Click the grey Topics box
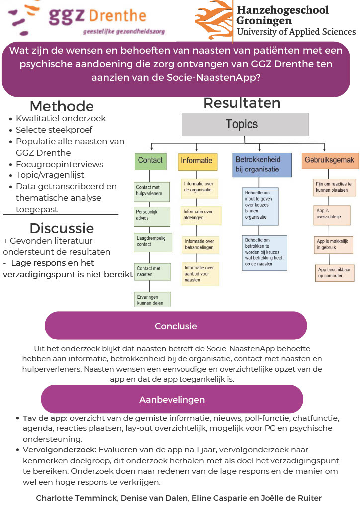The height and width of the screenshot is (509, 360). tap(245, 124)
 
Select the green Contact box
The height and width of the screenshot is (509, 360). tap(150, 162)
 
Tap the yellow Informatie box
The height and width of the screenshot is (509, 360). tap(197, 162)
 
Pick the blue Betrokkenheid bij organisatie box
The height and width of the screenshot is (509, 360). tap(262, 165)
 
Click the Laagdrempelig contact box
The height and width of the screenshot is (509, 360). tap(153, 242)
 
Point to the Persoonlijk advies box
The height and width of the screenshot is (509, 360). tap(152, 216)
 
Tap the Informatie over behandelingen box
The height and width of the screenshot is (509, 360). tap(200, 245)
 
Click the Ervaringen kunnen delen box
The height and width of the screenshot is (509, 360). tap(152, 299)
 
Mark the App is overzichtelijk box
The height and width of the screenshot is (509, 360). tap(332, 215)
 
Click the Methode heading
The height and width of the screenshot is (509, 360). tap(62, 106)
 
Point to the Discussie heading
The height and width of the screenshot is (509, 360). tap(62, 228)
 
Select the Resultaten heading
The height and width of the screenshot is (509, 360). tap(242, 103)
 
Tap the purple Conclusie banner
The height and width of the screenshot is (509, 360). tap(176, 326)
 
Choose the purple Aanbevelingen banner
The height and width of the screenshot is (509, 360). tap(172, 399)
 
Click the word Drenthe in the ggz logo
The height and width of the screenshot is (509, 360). tap(117, 16)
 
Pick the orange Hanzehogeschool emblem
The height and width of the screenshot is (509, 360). tap(214, 20)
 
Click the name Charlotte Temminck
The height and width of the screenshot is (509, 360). tap(77, 498)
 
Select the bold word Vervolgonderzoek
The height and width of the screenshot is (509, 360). tap(60, 450)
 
